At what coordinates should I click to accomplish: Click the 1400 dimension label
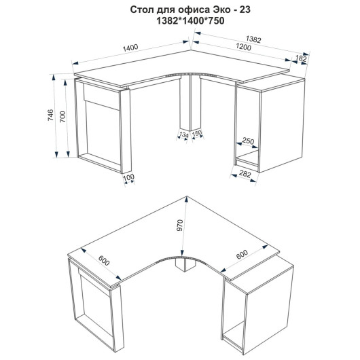point(130,48)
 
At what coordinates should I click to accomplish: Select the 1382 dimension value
point(253,39)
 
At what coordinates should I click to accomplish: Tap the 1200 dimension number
point(243,47)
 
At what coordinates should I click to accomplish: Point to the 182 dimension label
point(301,58)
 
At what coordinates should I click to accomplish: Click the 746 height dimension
point(50,115)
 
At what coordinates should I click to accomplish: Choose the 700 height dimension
point(62,117)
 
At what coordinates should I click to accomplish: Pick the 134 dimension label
point(183,134)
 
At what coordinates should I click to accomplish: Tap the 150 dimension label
point(197,133)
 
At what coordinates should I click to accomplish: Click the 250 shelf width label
point(248,141)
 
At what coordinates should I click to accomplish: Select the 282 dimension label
point(245,174)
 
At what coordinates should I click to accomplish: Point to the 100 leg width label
point(128,177)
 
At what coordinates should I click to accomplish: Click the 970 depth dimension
point(179,226)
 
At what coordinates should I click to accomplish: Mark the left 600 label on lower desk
point(104,261)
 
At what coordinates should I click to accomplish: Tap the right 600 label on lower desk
point(242,255)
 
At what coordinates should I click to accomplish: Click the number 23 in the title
point(245,10)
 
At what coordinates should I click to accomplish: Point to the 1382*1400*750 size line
point(190,21)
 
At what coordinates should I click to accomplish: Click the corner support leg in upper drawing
point(190,104)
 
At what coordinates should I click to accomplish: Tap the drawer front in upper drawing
point(101,97)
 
